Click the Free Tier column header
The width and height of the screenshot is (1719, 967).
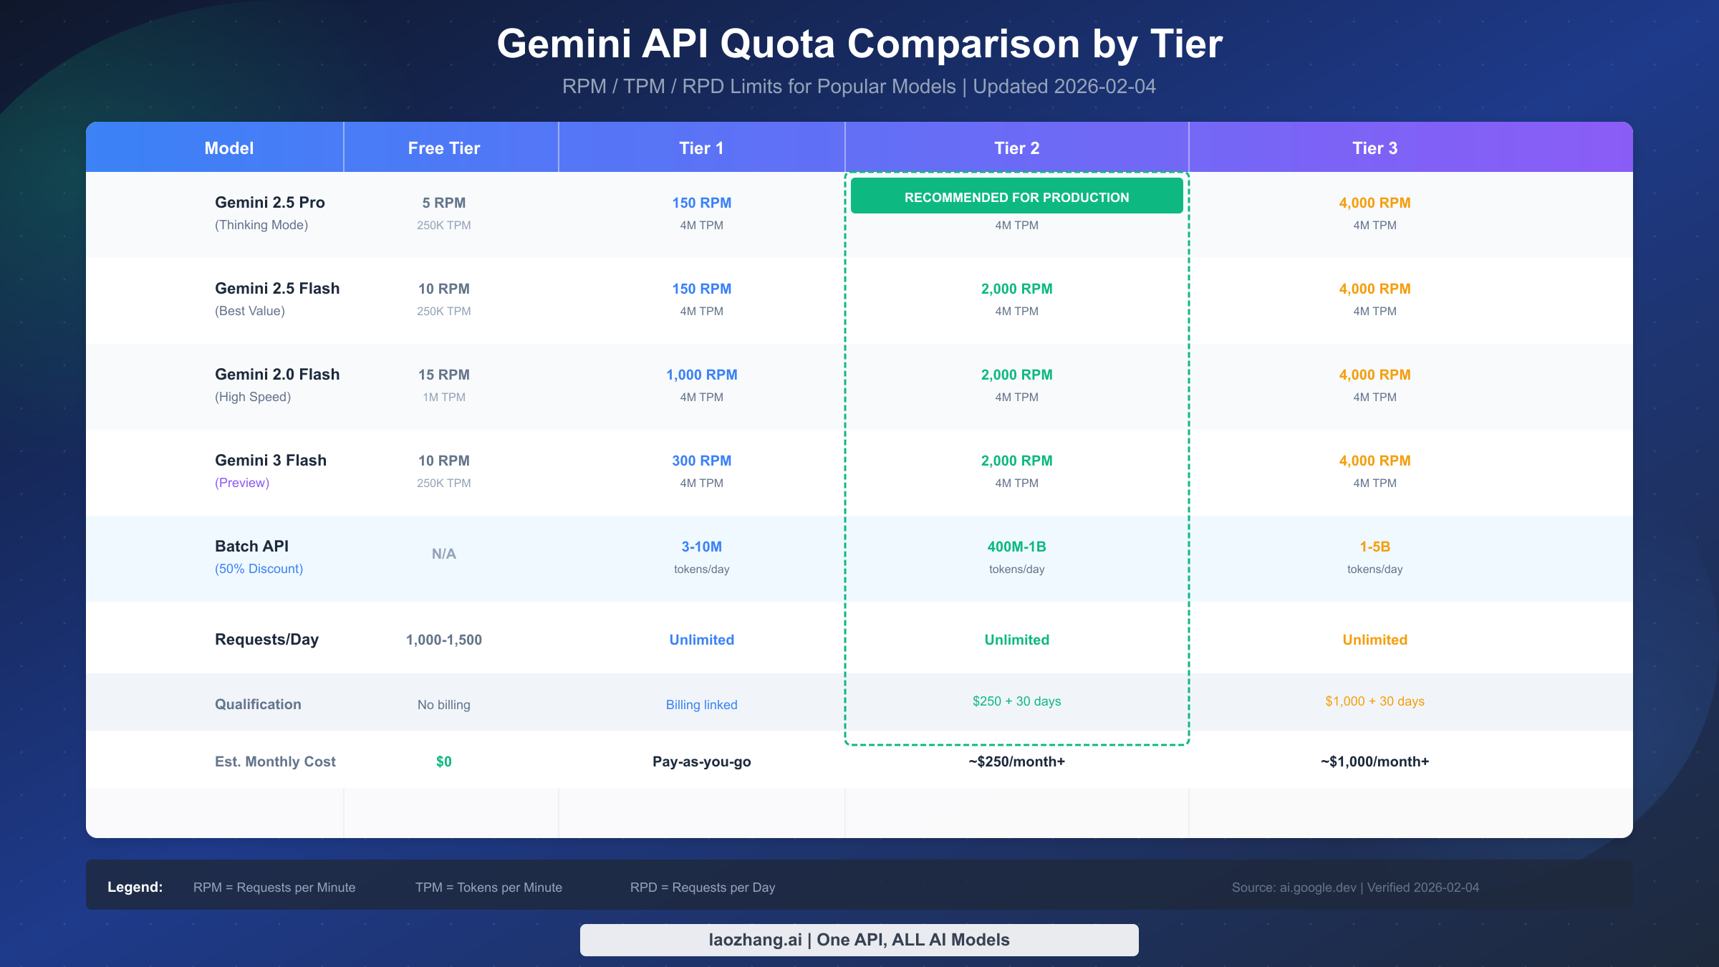pos(444,148)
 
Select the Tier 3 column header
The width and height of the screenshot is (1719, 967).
pos(1374,148)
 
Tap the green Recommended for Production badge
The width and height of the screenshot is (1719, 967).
pos(1016,197)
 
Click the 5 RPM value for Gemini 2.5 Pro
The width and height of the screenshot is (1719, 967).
pos(444,203)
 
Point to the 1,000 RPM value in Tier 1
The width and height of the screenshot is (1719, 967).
pos(701,375)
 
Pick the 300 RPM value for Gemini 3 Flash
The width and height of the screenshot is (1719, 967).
pos(701,461)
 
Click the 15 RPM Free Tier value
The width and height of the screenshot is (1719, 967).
pos(444,375)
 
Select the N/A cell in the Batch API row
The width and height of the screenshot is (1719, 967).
pos(444,554)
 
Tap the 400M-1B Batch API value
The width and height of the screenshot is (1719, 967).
pos(1016,547)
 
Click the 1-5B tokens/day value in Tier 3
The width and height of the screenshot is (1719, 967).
pos(1374,547)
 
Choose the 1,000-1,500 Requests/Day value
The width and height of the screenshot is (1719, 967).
pos(444,640)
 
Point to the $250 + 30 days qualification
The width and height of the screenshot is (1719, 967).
pos(1016,701)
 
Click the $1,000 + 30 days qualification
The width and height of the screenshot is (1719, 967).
pos(1374,701)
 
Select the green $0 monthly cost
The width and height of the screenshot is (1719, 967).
pos(444,761)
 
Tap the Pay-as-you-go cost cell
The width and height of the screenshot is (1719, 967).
pos(701,761)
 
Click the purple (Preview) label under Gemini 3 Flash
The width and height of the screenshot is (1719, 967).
pos(242,483)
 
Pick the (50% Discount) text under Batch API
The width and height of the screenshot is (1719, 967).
pos(259,569)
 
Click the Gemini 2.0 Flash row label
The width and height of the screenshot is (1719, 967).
pos(277,375)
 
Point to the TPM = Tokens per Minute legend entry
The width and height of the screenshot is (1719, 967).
pos(488,887)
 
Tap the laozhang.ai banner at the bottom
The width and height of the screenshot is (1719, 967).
pos(859,940)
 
